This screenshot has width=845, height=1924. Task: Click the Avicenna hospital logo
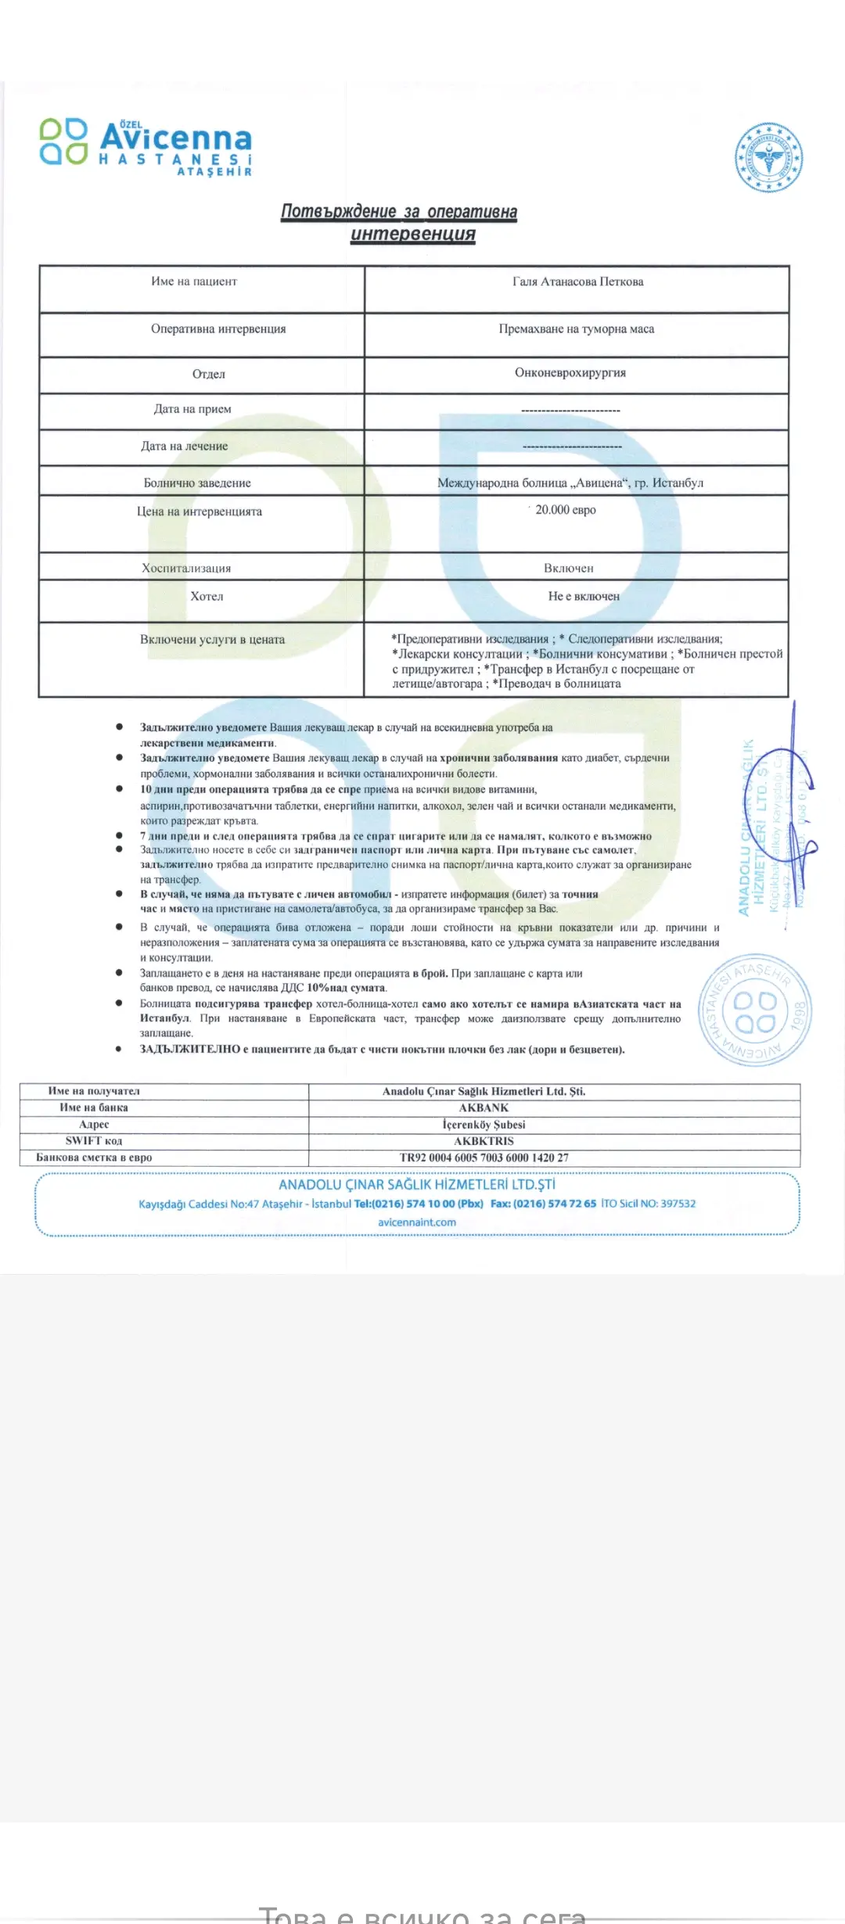pos(146,146)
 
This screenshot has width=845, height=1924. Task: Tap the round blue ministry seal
pos(769,157)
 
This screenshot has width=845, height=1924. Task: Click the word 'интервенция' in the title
pos(412,234)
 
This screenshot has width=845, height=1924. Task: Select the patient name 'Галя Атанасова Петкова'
pos(577,282)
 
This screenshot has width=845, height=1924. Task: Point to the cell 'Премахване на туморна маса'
pos(576,328)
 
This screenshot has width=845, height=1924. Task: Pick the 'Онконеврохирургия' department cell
pos(570,372)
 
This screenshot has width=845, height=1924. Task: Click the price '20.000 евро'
pos(565,510)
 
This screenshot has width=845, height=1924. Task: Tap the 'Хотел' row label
pos(207,596)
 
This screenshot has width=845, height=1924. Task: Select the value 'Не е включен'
pos(583,596)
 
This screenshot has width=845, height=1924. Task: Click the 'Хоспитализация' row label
pos(186,568)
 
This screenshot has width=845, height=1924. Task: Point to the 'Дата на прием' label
pos(192,408)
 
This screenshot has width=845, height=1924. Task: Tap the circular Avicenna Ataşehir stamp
pos(755,1010)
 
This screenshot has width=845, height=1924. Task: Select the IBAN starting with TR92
pos(484,1158)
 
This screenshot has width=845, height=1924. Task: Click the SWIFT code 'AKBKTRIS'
pos(484,1141)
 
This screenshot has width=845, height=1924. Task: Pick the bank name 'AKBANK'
pos(484,1107)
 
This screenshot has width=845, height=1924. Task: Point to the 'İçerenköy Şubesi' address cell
pos(484,1125)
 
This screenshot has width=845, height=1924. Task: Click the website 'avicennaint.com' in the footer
pos(416,1222)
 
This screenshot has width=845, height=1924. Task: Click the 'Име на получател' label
pos(94,1091)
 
